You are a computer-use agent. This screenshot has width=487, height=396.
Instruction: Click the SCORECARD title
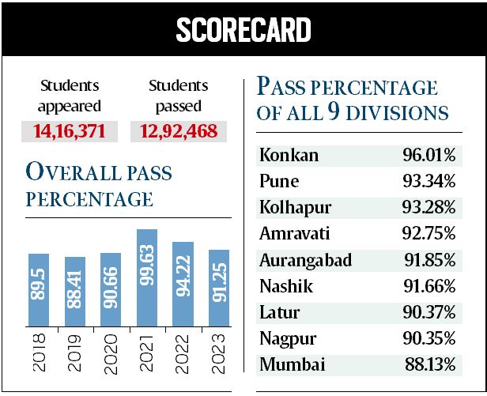tap(243, 30)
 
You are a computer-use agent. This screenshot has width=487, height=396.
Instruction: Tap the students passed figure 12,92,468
tap(178, 130)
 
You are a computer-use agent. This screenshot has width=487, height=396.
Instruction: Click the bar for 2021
tap(147, 277)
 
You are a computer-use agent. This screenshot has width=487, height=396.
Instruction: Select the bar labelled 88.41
tap(75, 291)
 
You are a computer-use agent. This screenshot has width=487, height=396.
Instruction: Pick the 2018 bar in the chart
tap(39, 289)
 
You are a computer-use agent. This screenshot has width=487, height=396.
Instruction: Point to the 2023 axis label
tap(219, 351)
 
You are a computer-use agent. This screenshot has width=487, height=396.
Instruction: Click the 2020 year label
tap(111, 351)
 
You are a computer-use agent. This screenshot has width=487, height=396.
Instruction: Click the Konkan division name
tap(289, 156)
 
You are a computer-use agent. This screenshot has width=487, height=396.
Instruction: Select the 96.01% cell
tap(428, 156)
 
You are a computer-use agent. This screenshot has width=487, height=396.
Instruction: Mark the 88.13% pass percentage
tap(428, 364)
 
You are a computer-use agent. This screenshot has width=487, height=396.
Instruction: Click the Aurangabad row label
tap(305, 260)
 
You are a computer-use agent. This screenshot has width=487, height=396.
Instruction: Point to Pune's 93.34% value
tap(428, 182)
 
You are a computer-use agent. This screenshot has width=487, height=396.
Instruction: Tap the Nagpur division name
tap(288, 338)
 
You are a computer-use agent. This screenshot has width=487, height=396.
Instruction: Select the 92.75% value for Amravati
tap(428, 234)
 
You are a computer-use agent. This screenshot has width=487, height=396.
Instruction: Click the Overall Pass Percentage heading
tap(100, 185)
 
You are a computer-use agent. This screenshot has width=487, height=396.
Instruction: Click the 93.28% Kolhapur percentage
tap(428, 208)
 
